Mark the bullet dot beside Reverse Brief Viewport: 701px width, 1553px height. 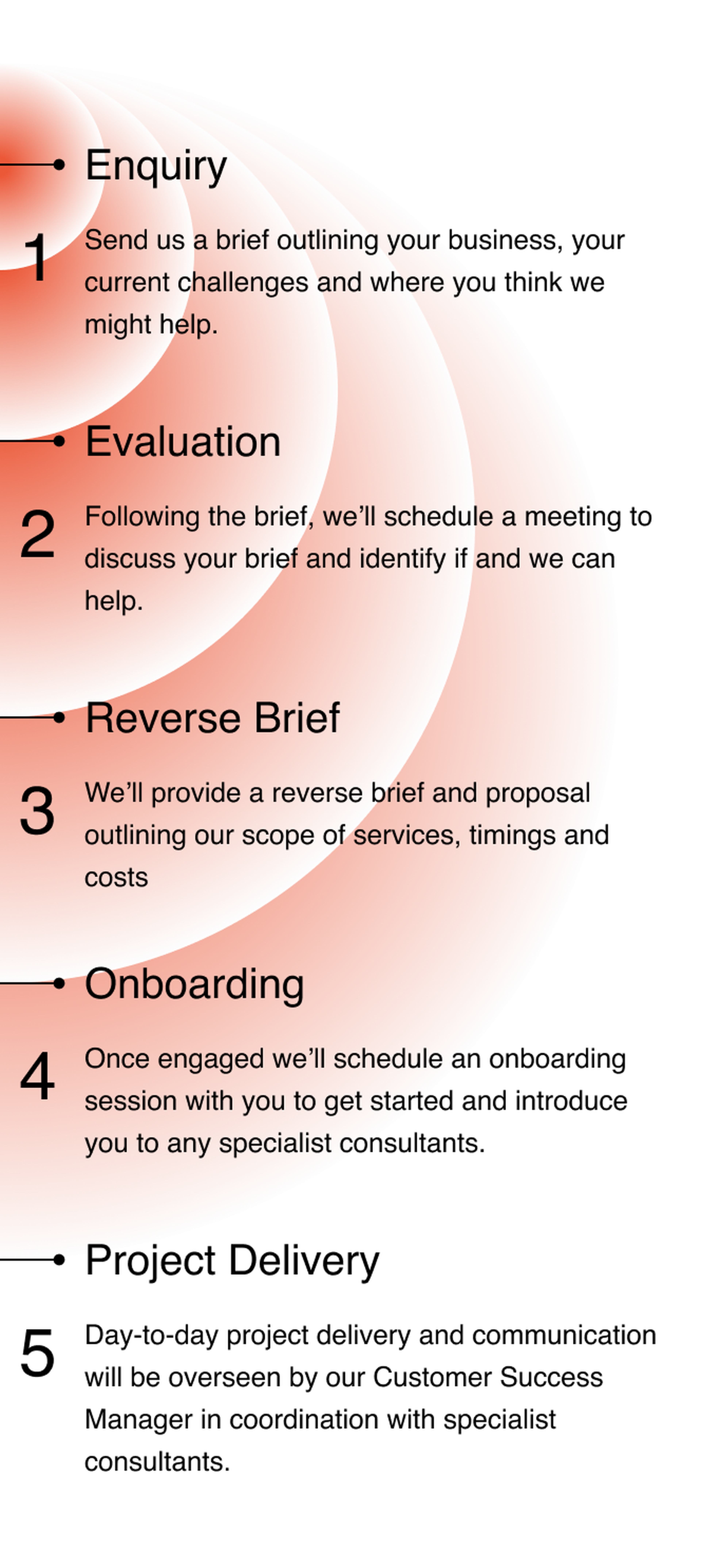point(59,717)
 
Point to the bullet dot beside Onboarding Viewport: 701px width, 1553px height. point(59,983)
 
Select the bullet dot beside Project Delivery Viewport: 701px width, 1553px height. point(59,1259)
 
